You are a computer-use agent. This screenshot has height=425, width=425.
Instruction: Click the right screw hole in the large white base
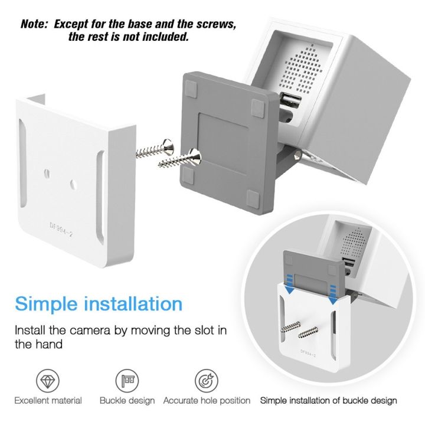pos(72,184)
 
